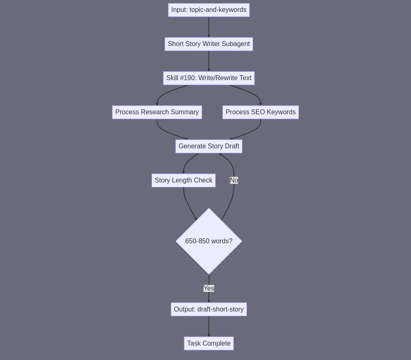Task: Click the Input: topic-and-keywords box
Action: (x=209, y=10)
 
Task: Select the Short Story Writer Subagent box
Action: (x=209, y=44)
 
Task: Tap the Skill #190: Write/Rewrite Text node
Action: (x=209, y=78)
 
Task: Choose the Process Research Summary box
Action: (x=157, y=112)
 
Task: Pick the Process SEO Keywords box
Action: (x=261, y=112)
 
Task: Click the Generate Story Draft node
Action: (x=209, y=146)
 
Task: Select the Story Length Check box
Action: (x=183, y=180)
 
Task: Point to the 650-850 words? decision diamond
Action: (x=209, y=241)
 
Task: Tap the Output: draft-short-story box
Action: (x=209, y=309)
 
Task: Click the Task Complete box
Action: (x=209, y=343)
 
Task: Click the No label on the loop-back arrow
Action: (x=234, y=180)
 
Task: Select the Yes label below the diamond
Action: (x=209, y=288)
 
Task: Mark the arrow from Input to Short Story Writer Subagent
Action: (x=209, y=27)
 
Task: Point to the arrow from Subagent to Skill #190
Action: (x=209, y=61)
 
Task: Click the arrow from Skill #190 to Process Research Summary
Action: (x=167, y=93)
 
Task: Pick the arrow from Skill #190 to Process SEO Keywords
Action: (x=251, y=93)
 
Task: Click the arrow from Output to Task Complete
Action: (x=209, y=326)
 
